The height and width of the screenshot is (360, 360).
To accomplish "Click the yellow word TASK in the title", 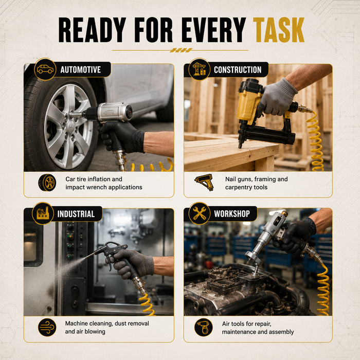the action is (x=279, y=30).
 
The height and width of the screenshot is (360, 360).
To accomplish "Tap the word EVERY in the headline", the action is (x=214, y=30).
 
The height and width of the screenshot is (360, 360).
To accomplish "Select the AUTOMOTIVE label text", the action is (x=81, y=70).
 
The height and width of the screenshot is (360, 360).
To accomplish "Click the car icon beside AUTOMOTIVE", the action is (x=45, y=69).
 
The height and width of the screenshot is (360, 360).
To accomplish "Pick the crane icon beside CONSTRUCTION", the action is (x=199, y=69).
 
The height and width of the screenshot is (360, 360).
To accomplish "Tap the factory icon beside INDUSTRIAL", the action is (x=43, y=213).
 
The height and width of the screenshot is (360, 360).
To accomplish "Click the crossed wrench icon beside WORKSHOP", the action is (x=200, y=213).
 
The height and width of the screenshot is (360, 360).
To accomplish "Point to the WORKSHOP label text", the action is (x=232, y=214).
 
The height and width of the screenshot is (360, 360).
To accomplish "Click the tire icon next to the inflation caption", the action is (x=47, y=183).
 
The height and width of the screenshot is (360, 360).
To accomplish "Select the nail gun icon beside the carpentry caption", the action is (x=204, y=182).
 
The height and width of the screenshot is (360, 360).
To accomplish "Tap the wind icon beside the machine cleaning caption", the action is (x=47, y=327).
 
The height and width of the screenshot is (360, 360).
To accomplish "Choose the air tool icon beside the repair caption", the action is (x=204, y=327).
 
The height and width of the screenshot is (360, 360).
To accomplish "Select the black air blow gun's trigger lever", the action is (x=109, y=257).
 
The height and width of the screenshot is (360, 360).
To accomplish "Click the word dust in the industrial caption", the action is (x=120, y=323).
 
